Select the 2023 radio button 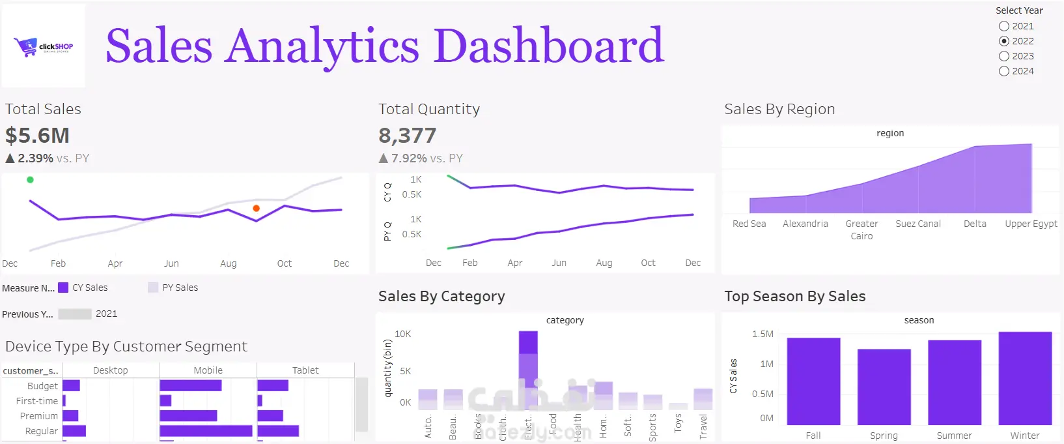(1004, 56)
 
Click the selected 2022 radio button (1004, 41)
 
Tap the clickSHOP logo (44, 46)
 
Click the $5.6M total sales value (38, 136)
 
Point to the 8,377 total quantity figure (408, 136)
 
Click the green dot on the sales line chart (30, 180)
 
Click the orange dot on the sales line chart (257, 209)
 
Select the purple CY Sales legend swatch (63, 288)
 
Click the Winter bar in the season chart (1025, 378)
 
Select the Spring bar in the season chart (884, 387)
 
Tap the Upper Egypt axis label (1031, 224)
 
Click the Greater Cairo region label (861, 229)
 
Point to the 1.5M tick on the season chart (763, 334)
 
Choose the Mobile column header (208, 370)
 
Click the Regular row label (42, 431)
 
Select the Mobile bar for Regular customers (206, 431)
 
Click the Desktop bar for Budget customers (71, 386)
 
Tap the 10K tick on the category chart (403, 334)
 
